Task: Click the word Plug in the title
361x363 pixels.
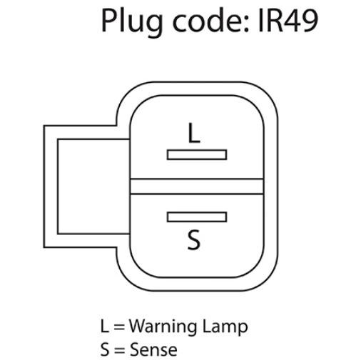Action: pos(132,22)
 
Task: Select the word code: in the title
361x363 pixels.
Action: pos(210,20)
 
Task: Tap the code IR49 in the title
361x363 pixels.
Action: pos(288,21)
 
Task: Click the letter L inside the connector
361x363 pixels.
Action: pos(194,133)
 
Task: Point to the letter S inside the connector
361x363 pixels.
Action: pos(194,240)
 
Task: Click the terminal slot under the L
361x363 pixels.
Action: pos(197,155)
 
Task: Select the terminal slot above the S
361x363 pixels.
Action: pos(197,217)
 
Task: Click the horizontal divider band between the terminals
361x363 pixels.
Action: pos(197,187)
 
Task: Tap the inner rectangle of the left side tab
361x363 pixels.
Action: pos(58,187)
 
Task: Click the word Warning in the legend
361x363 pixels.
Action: pos(163,327)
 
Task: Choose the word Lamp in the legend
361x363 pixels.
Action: pos(225,327)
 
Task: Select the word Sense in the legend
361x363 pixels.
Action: pos(153,349)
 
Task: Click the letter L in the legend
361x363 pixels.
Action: pos(104,326)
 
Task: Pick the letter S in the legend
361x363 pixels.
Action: pos(105,349)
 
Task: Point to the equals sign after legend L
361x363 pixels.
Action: pos(119,327)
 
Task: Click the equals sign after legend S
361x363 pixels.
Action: pos(120,350)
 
